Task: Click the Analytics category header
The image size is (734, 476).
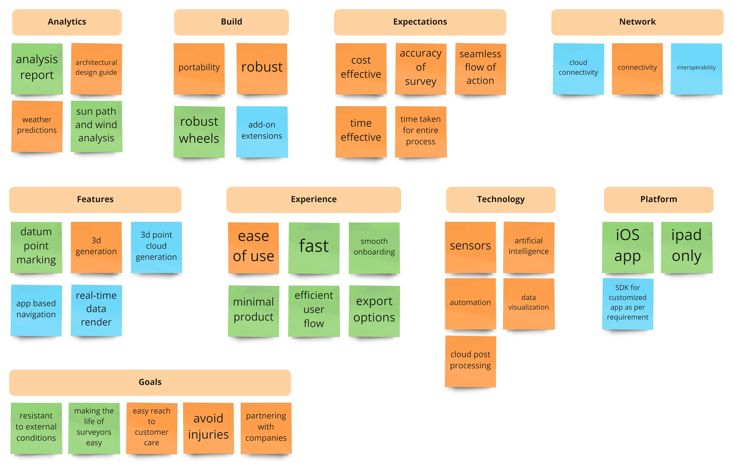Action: (67, 22)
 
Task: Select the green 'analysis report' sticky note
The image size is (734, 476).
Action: (37, 69)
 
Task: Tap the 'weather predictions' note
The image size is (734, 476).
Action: (37, 126)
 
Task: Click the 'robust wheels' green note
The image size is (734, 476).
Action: (199, 132)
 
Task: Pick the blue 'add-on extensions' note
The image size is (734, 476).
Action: (262, 132)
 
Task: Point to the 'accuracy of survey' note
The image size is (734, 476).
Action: (421, 69)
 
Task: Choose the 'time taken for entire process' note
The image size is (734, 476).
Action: (421, 132)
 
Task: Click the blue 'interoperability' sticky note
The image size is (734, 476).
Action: (696, 69)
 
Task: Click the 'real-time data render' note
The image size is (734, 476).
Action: (96, 310)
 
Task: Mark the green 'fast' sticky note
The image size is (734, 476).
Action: (314, 248)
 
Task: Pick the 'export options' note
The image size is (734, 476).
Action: (374, 311)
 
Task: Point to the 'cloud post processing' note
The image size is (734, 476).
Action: (470, 361)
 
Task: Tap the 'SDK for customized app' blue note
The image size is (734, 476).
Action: (628, 304)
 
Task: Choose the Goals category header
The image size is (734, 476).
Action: (150, 383)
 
